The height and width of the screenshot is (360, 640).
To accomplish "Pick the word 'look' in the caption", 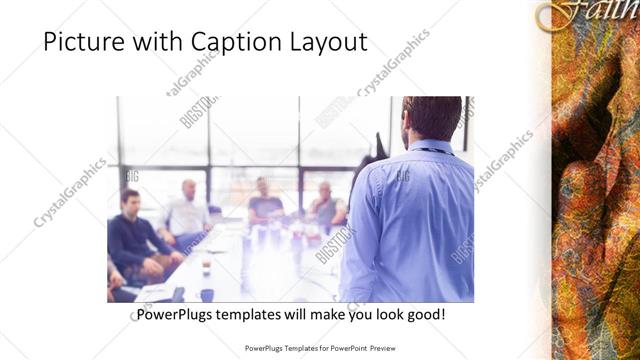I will click(x=386, y=315).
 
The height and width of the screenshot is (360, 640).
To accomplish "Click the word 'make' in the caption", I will click(x=322, y=315).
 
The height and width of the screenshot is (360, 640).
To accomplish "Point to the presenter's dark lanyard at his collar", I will click(x=432, y=150).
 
